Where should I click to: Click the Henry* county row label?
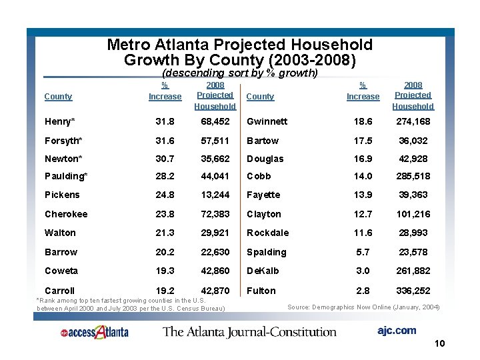click(59, 122)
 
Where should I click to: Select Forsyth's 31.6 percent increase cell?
click(165, 141)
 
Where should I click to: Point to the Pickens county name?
click(62, 195)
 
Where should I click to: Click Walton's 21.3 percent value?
click(165, 233)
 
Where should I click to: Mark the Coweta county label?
click(61, 271)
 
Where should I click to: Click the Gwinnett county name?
click(267, 122)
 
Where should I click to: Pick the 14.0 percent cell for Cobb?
click(362, 177)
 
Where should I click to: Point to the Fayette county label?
click(263, 195)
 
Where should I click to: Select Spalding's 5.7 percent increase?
click(362, 252)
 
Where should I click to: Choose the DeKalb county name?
click(263, 271)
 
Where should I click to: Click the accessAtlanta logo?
click(93, 331)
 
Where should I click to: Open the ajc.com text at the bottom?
click(396, 331)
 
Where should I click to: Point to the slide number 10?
click(439, 344)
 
